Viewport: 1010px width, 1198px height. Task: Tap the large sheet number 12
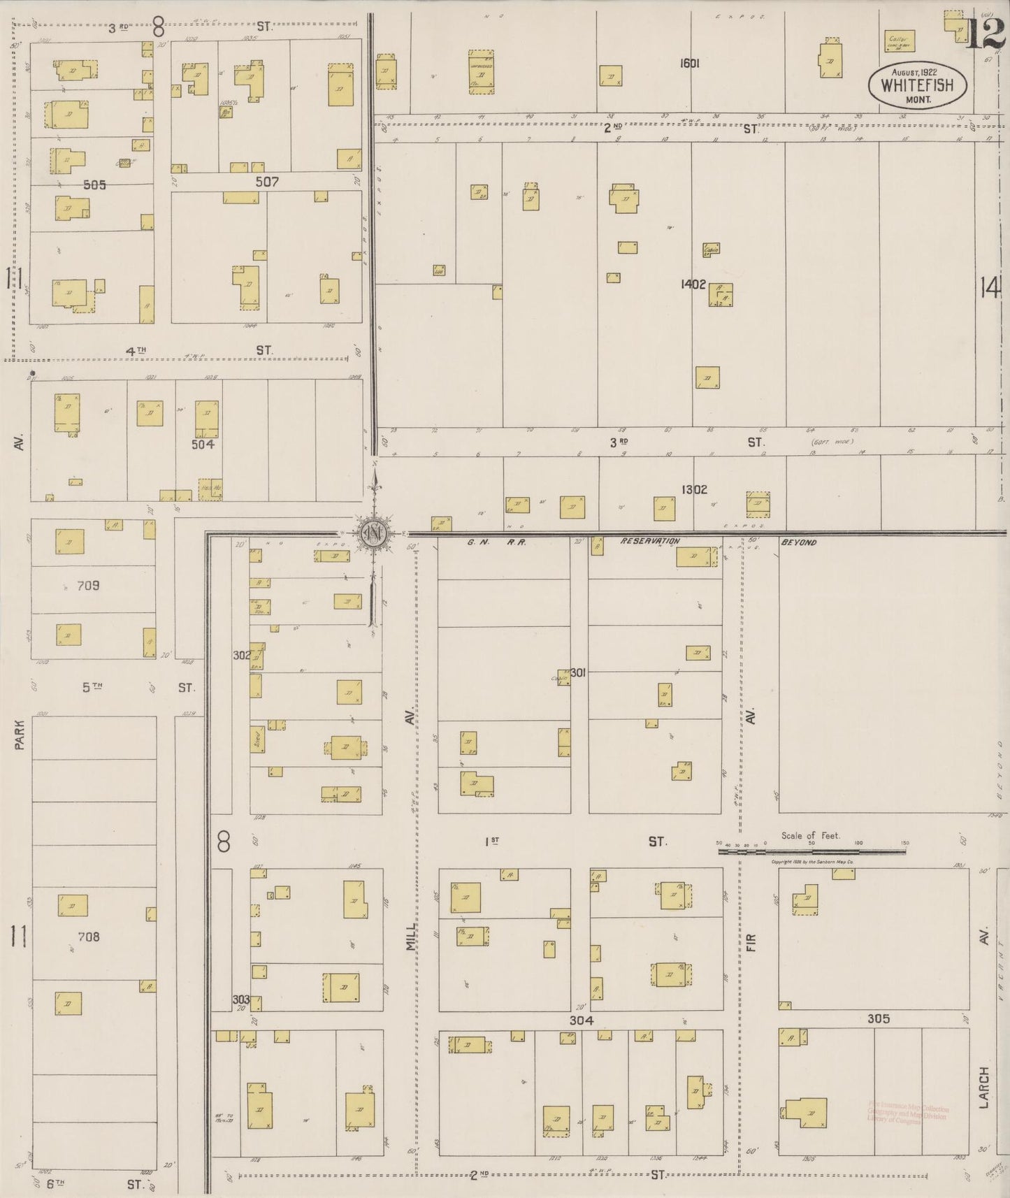point(986,34)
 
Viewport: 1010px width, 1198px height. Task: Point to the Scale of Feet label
point(811,835)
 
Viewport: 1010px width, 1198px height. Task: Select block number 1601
point(689,63)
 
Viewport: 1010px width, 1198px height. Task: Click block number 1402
point(693,284)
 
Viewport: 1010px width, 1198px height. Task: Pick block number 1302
point(693,489)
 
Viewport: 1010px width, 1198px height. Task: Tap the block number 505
point(94,185)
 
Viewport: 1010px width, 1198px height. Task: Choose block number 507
point(267,182)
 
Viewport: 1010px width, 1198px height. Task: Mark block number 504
point(203,444)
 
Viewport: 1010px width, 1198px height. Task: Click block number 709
point(88,586)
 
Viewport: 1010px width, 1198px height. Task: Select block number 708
point(89,937)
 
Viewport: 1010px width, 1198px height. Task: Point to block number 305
point(878,1019)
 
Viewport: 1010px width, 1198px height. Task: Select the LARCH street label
point(983,1088)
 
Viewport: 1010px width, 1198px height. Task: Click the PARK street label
point(20,735)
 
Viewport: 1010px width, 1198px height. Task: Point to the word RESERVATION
point(649,542)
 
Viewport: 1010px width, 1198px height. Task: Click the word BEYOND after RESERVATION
point(799,542)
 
